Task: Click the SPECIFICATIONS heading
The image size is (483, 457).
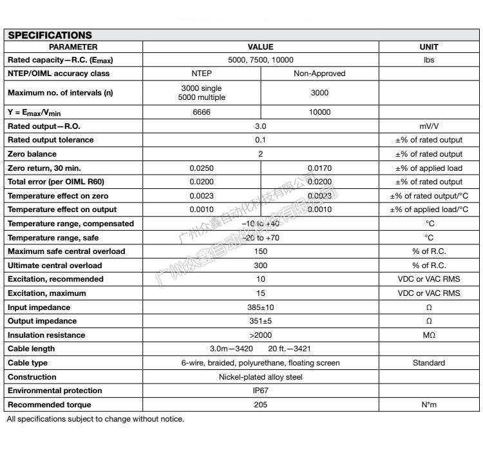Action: coord(50,35)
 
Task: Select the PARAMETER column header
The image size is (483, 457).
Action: coord(73,47)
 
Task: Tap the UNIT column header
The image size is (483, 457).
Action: coord(428,47)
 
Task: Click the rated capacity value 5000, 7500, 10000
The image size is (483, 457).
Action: coord(260,60)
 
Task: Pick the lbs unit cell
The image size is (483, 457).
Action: coord(429,60)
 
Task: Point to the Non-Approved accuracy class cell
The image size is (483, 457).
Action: coord(319,73)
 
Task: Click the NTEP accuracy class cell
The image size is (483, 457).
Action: coord(202,73)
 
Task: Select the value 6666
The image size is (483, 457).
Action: coord(202,112)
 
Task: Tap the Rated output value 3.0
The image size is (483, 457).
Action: coord(260,126)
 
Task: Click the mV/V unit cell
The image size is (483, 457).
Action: coord(429,126)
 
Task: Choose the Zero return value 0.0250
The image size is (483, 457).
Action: coord(202,168)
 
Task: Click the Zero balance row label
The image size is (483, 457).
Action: coord(32,154)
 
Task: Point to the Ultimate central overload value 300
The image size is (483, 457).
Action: coord(260,266)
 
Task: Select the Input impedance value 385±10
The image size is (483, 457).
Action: coord(260,307)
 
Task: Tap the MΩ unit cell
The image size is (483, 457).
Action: coord(429,335)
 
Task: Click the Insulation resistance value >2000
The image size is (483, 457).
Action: coord(260,335)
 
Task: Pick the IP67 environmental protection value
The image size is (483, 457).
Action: coord(260,391)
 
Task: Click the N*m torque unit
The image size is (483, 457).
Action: coord(429,405)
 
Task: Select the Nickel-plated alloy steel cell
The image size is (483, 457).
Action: coord(260,377)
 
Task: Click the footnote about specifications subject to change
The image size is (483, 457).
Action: coord(95,420)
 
